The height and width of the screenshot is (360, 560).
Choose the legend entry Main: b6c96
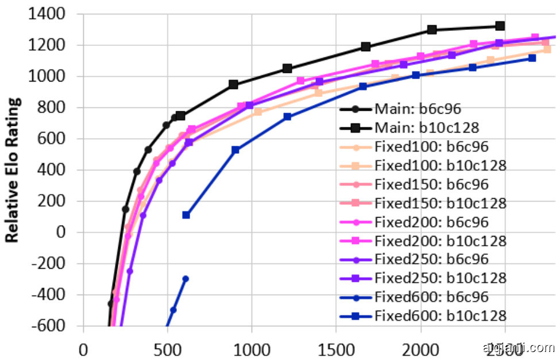[x=416, y=109]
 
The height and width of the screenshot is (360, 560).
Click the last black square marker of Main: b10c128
[x=500, y=26]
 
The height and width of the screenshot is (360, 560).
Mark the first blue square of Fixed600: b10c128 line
[x=186, y=215]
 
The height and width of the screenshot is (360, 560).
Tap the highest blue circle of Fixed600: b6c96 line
[x=186, y=278]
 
